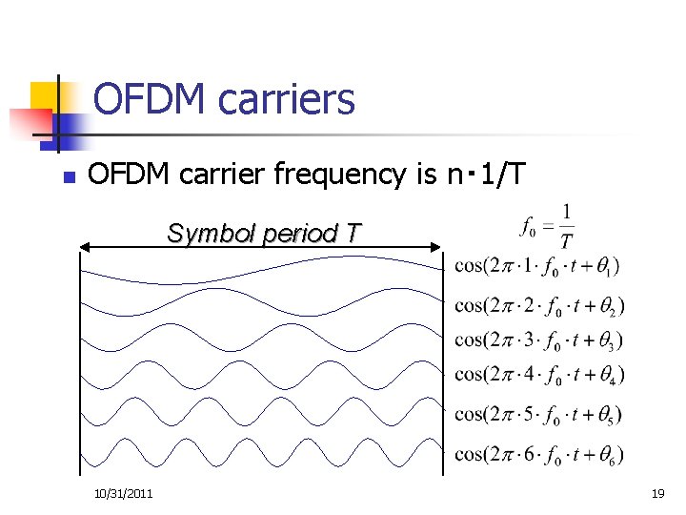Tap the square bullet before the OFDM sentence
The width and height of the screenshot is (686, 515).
tap(66, 176)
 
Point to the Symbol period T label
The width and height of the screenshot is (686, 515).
tap(264, 233)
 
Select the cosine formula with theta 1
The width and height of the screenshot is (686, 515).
tap(538, 264)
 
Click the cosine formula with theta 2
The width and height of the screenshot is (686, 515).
tap(539, 305)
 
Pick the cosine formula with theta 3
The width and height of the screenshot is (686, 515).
tap(539, 340)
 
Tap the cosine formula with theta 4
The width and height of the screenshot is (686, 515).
tap(539, 374)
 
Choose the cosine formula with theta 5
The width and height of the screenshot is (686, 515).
tap(539, 414)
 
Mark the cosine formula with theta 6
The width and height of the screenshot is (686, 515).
tap(539, 454)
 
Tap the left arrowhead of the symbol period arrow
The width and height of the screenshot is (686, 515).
tap(85, 247)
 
